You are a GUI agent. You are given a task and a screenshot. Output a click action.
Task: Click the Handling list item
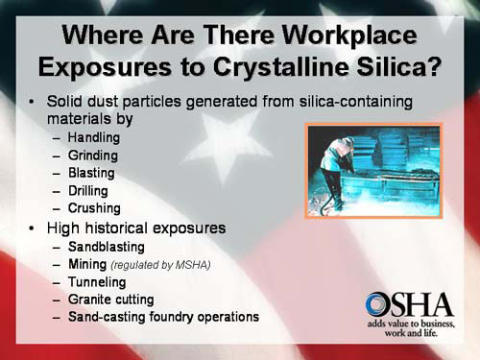(x=94, y=139)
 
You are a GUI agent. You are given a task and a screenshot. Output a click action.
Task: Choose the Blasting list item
(x=91, y=174)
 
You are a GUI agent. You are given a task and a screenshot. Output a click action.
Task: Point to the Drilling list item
(x=90, y=191)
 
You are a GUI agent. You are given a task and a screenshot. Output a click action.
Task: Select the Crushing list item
(x=94, y=208)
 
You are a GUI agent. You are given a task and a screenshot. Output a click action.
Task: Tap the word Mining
(x=87, y=264)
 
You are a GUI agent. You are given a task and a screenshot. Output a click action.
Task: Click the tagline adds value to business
(x=409, y=325)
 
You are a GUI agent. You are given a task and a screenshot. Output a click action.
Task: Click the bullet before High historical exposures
(x=34, y=228)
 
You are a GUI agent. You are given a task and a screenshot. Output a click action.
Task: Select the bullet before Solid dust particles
(x=34, y=103)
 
